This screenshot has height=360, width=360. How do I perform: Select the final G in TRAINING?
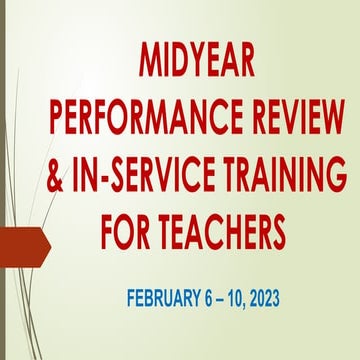click(335, 177)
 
